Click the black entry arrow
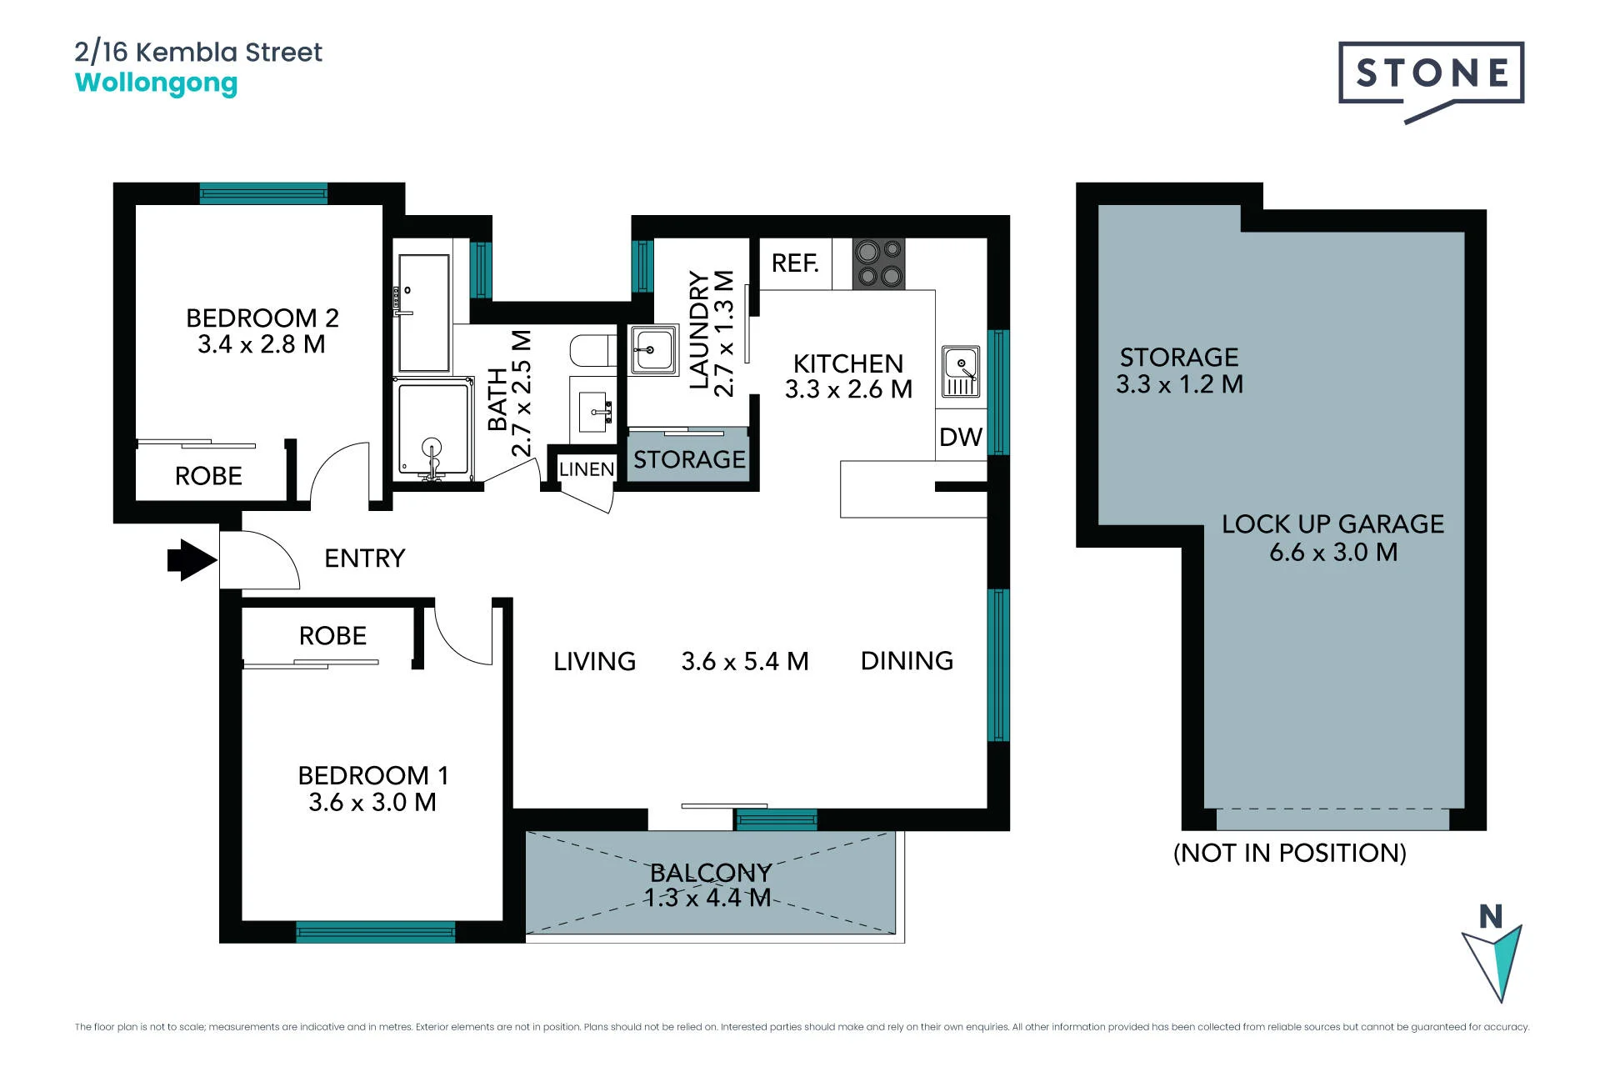pyautogui.click(x=192, y=559)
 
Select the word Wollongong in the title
pyautogui.click(x=156, y=84)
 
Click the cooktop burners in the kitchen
pyautogui.click(x=878, y=263)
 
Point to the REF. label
pyautogui.click(x=795, y=263)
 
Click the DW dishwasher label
pyautogui.click(x=961, y=437)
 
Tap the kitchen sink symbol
pyautogui.click(x=961, y=372)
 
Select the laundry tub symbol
pyautogui.click(x=653, y=350)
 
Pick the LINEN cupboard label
pyautogui.click(x=587, y=469)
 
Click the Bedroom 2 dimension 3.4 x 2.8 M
pyautogui.click(x=262, y=344)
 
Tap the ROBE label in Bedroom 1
pyautogui.click(x=332, y=636)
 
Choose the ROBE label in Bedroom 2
pyautogui.click(x=208, y=476)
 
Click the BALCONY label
pyautogui.click(x=711, y=873)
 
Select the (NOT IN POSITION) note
pyautogui.click(x=1290, y=853)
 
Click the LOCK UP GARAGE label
pyautogui.click(x=1333, y=524)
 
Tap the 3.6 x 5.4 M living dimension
pyautogui.click(x=745, y=661)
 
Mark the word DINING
pyautogui.click(x=907, y=661)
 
